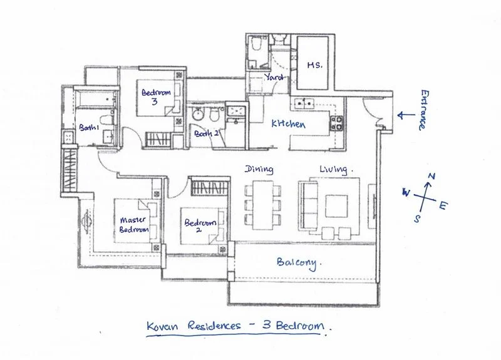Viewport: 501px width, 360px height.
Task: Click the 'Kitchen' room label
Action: click(288, 125)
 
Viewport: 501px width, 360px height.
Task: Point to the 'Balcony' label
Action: click(299, 263)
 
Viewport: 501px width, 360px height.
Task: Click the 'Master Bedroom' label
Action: click(134, 225)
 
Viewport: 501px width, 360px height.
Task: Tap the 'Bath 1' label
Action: click(89, 128)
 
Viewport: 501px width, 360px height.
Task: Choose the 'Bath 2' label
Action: click(205, 133)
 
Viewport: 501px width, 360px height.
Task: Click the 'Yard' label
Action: click(274, 78)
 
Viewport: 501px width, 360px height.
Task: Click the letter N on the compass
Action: click(430, 177)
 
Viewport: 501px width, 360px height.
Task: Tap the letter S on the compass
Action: click(417, 218)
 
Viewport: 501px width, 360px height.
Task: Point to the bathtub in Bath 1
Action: click(93, 100)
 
